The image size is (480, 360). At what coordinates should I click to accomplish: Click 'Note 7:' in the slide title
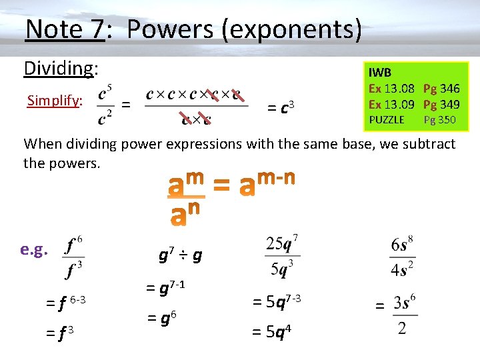(65, 29)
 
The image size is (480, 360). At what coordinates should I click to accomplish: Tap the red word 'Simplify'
(53, 101)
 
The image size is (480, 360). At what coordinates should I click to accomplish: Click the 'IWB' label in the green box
(380, 72)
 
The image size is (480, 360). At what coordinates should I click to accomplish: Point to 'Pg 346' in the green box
(441, 89)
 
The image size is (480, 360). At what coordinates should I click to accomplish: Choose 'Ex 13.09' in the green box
(392, 104)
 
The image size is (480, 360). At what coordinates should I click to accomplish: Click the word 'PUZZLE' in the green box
(387, 119)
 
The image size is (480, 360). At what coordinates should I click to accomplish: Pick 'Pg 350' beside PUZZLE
(440, 119)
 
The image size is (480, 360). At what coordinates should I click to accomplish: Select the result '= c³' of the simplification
(281, 106)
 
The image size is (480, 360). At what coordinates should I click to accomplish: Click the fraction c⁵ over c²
(105, 105)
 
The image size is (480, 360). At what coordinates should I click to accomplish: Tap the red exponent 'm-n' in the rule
(276, 178)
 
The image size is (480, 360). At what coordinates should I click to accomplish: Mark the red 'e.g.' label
(33, 249)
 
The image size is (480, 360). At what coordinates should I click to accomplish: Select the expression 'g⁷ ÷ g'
(180, 255)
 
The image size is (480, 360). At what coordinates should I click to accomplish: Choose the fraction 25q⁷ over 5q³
(282, 255)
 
